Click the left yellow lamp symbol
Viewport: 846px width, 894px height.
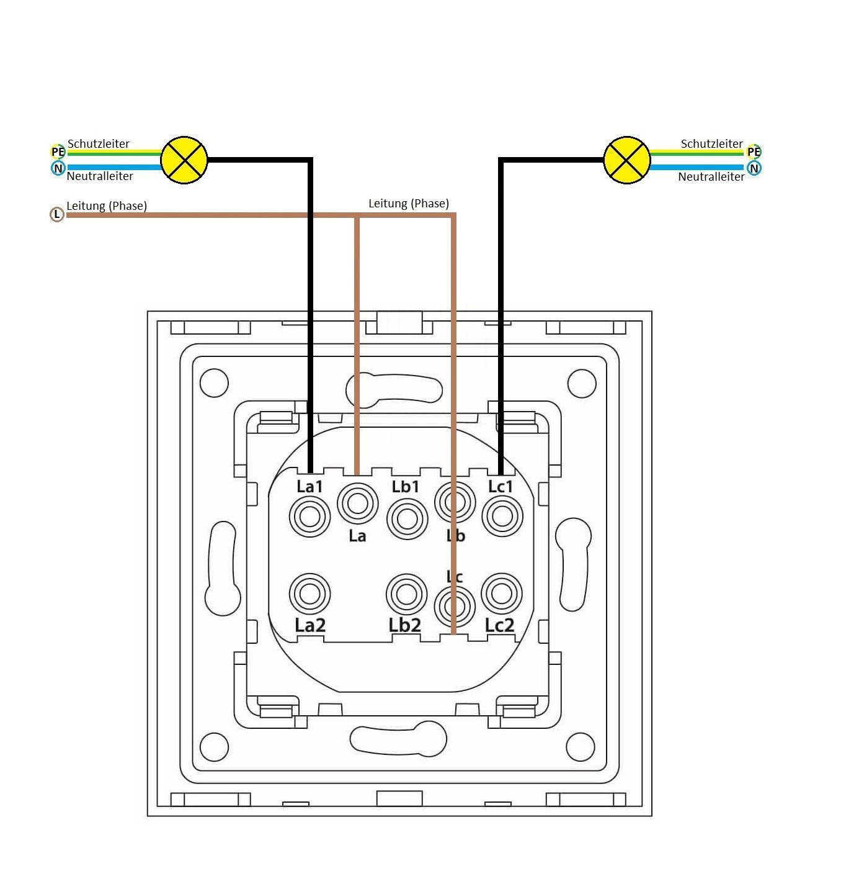click(184, 160)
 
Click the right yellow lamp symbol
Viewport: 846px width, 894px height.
click(626, 160)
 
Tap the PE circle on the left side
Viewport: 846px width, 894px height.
click(58, 151)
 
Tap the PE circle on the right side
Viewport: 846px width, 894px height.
click(754, 151)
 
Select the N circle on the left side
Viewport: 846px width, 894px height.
click(58, 168)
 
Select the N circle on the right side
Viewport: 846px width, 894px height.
click(754, 168)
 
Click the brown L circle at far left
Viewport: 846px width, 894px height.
click(57, 215)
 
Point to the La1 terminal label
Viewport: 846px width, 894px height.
click(309, 487)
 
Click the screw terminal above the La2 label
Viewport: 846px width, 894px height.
click(309, 594)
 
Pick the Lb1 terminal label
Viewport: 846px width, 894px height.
click(406, 487)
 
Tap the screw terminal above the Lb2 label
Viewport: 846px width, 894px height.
click(406, 594)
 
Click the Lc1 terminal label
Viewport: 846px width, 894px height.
click(501, 487)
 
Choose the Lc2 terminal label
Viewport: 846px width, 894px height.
click(500, 625)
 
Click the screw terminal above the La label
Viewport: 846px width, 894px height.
click(357, 503)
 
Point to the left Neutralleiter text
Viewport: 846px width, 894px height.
click(100, 176)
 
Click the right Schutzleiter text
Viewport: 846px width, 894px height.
click(711, 144)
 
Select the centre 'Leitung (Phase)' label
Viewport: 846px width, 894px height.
click(408, 204)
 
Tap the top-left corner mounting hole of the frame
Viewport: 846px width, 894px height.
click(215, 382)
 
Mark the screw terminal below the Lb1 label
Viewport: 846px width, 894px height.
click(407, 518)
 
